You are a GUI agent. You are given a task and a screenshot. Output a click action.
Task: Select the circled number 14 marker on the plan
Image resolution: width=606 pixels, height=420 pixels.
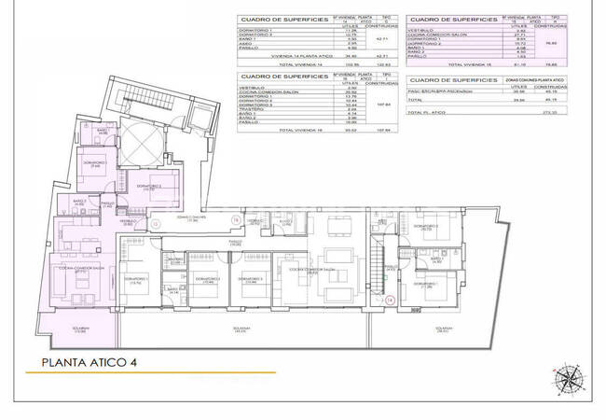pos(391,299)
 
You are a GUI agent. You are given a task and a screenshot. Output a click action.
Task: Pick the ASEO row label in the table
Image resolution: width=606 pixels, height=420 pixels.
pos(247,42)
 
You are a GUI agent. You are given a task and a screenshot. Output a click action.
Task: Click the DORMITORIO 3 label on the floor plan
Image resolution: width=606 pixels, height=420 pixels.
pos(249,278)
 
